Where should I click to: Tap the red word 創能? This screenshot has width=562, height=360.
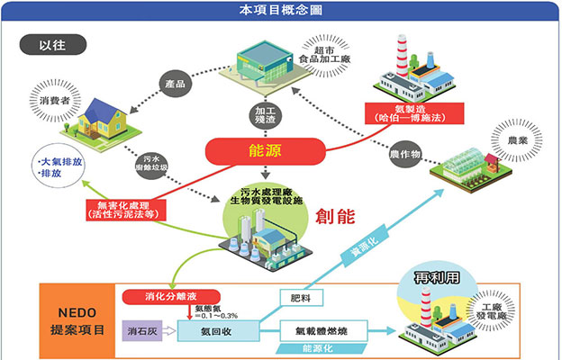337,214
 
